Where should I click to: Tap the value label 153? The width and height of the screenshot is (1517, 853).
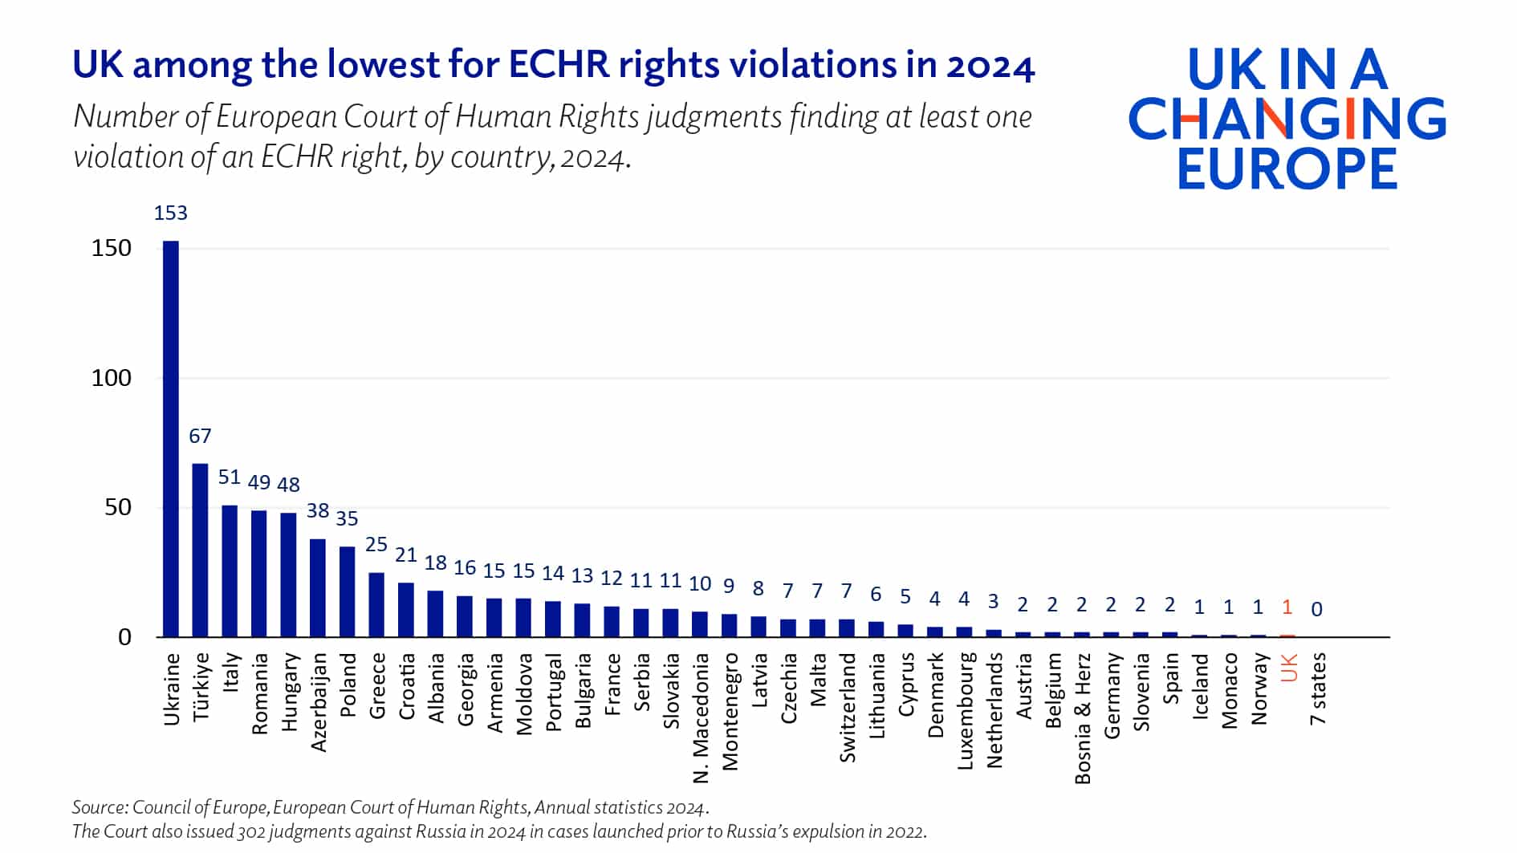click(x=170, y=213)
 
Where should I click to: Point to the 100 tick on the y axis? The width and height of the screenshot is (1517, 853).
click(x=111, y=378)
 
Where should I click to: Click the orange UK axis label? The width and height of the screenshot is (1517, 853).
click(x=1289, y=668)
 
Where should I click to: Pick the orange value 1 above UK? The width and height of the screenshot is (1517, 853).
click(x=1287, y=607)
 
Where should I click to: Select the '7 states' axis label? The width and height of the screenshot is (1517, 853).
click(x=1318, y=689)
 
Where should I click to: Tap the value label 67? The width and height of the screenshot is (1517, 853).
click(x=200, y=437)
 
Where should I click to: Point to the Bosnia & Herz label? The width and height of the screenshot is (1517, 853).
click(x=1083, y=718)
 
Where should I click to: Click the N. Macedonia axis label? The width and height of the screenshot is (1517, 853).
click(x=701, y=718)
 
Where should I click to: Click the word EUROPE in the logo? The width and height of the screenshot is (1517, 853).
click(x=1287, y=169)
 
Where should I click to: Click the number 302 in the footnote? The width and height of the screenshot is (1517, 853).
click(x=251, y=831)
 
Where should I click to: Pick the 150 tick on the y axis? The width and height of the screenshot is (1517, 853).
click(x=111, y=248)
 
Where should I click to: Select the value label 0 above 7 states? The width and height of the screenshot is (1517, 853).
click(x=1316, y=610)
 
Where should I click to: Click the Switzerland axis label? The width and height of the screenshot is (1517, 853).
click(x=848, y=707)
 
